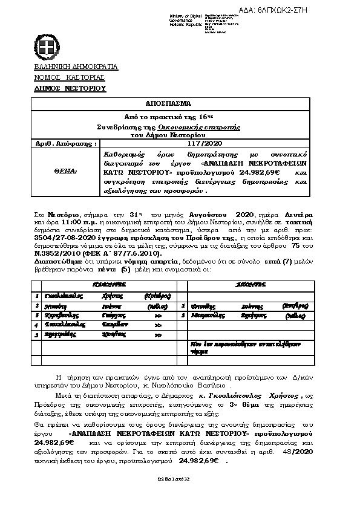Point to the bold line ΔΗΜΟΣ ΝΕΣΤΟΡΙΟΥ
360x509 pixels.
point(70,88)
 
